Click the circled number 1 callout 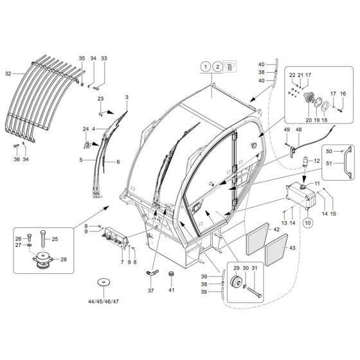204,66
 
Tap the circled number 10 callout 307,222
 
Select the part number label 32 8,74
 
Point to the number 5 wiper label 81,159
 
